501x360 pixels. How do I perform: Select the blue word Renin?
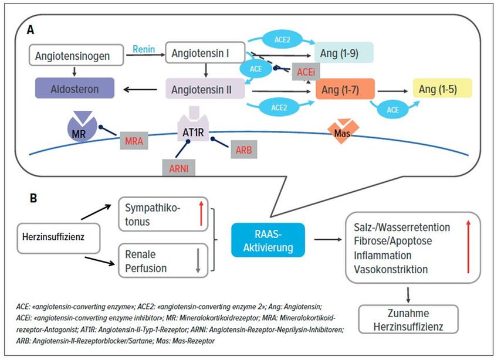click(x=144, y=49)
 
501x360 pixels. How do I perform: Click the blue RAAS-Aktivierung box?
click(x=268, y=239)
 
